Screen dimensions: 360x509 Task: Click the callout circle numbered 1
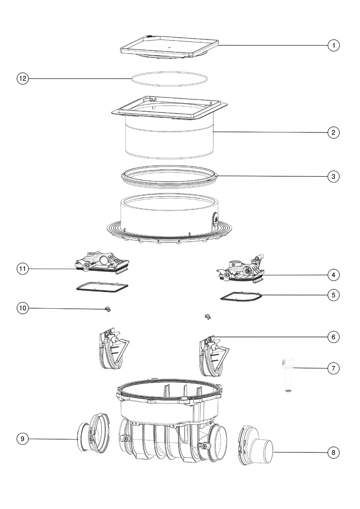(334, 45)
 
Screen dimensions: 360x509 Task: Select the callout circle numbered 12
(23, 79)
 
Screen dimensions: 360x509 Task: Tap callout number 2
(334, 132)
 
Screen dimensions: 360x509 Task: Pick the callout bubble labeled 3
(334, 177)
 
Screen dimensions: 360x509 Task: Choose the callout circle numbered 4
(334, 275)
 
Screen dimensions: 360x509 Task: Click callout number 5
(334, 295)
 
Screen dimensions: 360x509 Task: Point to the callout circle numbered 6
(334, 337)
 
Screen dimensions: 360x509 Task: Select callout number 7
(334, 369)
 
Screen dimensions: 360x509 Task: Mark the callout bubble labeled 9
(23, 439)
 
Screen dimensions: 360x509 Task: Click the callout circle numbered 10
(23, 308)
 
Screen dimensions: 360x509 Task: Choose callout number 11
(23, 269)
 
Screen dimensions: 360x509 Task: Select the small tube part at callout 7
(287, 375)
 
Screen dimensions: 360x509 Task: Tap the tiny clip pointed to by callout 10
(107, 309)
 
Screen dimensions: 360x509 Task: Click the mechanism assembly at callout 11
(103, 263)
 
